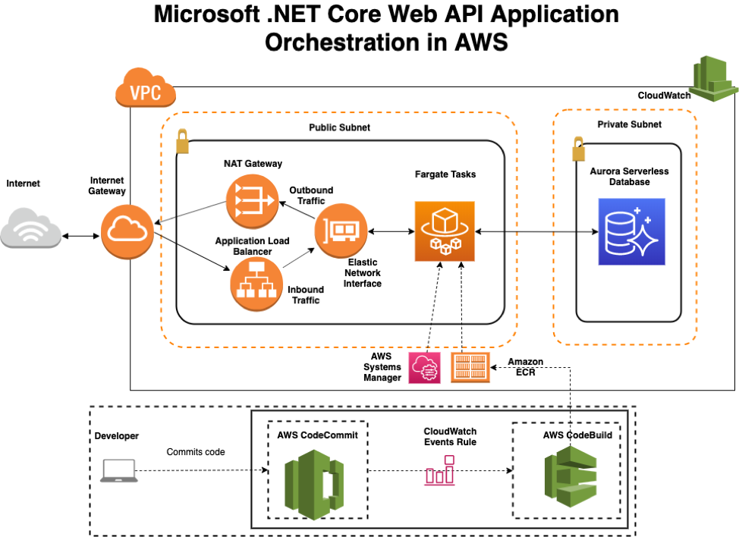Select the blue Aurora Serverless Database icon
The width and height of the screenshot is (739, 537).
point(631,231)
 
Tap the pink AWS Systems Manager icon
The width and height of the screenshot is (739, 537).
point(424,367)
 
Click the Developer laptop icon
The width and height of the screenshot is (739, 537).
point(119,471)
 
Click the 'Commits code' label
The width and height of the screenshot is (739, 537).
point(195,452)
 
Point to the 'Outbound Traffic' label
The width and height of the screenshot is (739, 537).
point(310,195)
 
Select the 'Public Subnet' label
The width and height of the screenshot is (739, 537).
point(339,127)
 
